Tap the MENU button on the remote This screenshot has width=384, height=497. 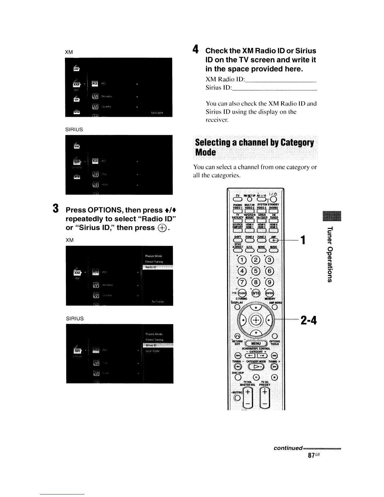256,344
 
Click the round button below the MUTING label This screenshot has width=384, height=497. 237,399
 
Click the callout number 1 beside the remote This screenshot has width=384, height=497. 303,240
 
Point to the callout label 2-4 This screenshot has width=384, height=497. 309,320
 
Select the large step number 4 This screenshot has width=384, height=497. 196,50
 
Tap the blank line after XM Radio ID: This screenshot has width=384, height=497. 280,79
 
